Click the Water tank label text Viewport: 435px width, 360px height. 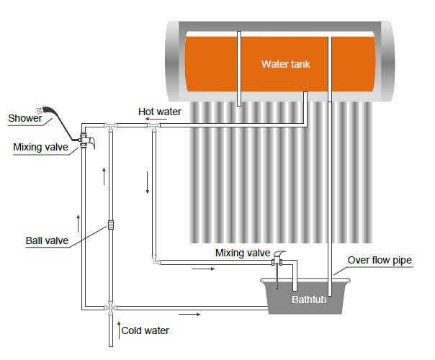coord(285,63)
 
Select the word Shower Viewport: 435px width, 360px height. coord(25,118)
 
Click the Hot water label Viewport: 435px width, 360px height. coord(159,112)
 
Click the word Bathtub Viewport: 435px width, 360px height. coord(309,300)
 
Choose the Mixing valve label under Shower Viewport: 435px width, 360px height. coord(40,148)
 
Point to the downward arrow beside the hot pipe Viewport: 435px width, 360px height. coord(148,182)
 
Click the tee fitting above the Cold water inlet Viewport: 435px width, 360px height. coord(109,308)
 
